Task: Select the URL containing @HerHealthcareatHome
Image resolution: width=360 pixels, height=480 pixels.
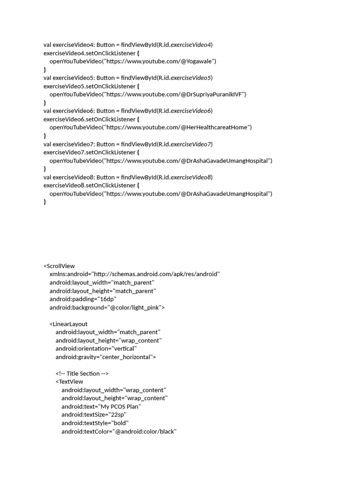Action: pos(178,127)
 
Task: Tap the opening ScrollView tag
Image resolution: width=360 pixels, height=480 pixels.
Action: pos(59,266)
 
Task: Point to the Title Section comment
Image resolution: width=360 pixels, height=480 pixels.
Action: pos(82,374)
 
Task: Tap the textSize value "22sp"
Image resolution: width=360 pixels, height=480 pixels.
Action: pos(117,415)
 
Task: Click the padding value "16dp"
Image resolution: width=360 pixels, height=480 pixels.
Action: pos(108,299)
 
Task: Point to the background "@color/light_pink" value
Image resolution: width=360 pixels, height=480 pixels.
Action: pos(135,307)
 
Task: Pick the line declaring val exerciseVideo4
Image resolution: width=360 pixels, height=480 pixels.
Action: pos(128,45)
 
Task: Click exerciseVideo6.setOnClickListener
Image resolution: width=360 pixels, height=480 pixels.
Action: pos(89,119)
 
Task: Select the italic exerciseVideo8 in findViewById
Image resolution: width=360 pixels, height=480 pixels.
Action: pos(191,177)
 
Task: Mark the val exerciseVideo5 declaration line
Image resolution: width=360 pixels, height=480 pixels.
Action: pos(128,78)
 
